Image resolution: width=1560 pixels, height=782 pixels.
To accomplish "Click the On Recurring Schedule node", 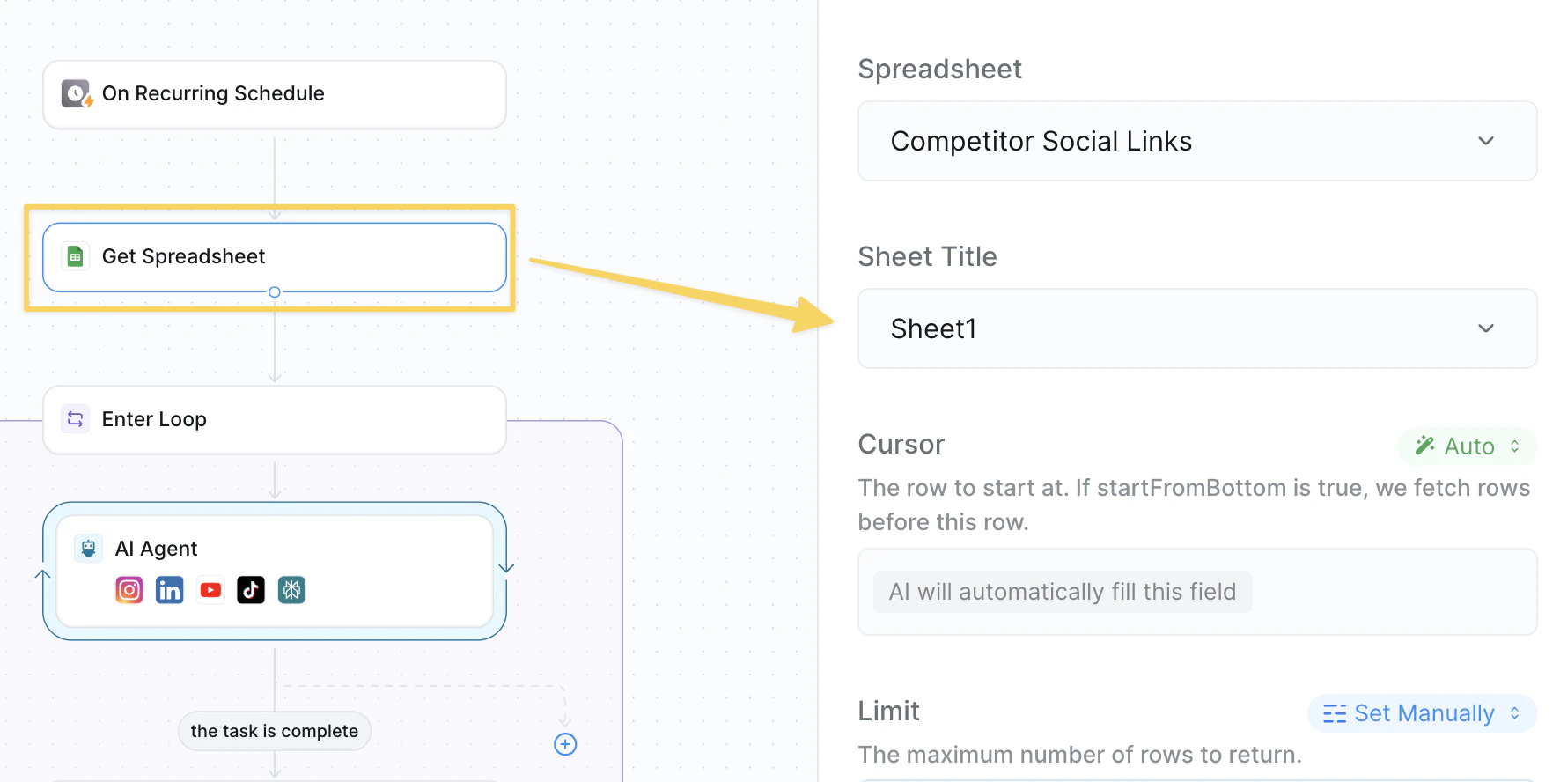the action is tap(274, 94).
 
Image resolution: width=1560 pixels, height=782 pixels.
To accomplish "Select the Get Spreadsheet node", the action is tap(274, 256).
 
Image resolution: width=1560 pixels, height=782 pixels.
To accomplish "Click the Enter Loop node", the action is tap(274, 419).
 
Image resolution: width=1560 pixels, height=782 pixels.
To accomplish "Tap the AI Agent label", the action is tap(156, 549).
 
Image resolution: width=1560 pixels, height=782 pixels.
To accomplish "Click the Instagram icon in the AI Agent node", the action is tap(129, 590).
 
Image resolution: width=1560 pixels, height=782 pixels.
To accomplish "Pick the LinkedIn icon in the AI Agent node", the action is tap(170, 590).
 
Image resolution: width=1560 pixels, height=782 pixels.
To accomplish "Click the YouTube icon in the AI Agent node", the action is tap(210, 590).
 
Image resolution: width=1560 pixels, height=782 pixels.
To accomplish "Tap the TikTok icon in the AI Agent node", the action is tap(251, 590).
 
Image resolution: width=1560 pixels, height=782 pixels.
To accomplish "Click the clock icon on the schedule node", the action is tap(77, 93).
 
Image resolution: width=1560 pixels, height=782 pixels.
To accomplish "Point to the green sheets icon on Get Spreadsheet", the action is tap(76, 256).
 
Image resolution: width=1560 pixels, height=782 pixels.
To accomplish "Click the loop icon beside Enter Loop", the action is tap(76, 419).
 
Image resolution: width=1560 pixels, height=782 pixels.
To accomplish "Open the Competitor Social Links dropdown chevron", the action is tap(1486, 141).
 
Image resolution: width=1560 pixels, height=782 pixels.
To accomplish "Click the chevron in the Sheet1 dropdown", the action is tap(1486, 328).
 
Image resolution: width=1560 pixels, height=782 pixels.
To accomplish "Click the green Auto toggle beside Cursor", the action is tap(1468, 446).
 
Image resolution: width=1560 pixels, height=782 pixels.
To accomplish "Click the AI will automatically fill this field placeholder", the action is tap(1063, 592).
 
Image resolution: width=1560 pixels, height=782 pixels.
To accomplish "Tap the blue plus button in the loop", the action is tap(565, 744).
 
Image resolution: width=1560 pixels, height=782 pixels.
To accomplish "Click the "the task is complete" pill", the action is tap(275, 731).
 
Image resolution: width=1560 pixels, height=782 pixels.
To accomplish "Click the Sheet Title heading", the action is tap(928, 256).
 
